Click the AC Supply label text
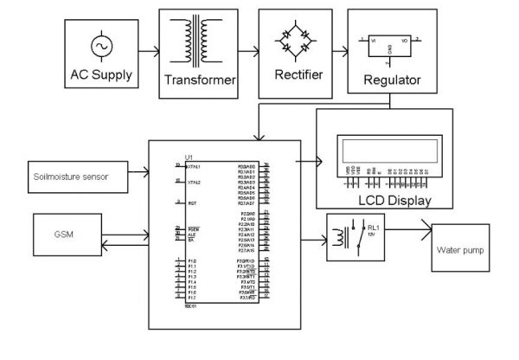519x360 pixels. [102, 74]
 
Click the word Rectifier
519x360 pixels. [297, 75]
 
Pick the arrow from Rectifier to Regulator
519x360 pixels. [340, 53]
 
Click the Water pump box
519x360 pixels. [459, 251]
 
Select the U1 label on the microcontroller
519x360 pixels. [182, 157]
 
